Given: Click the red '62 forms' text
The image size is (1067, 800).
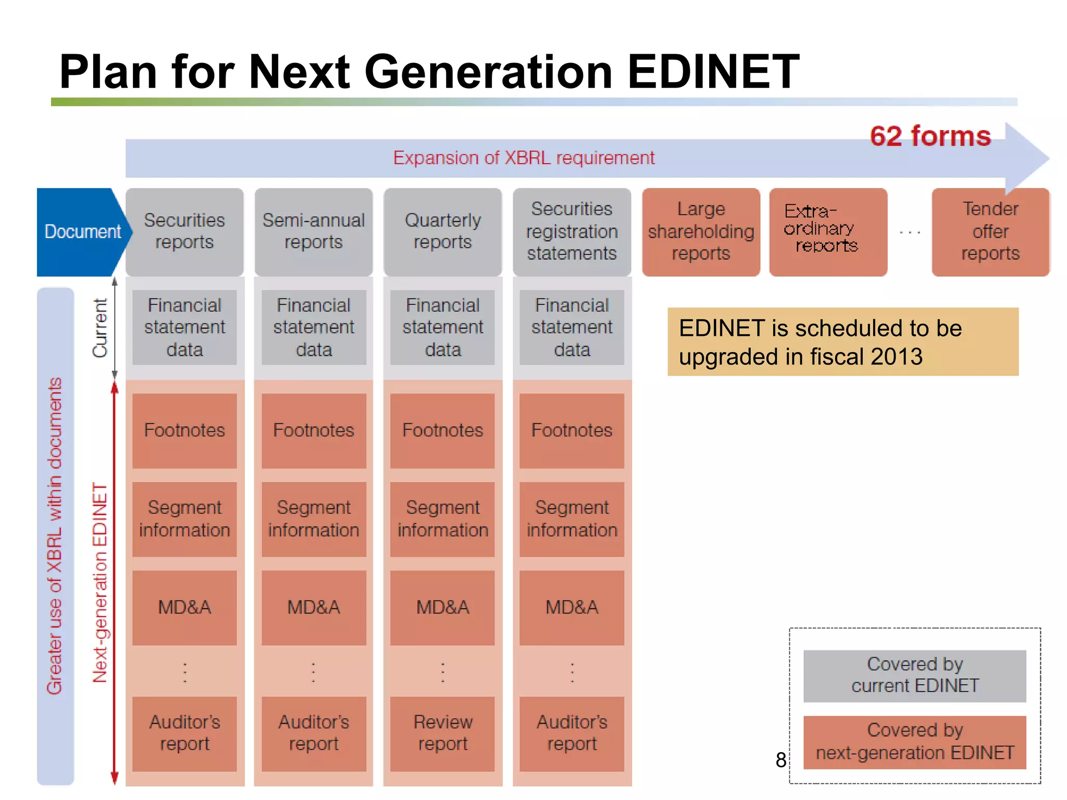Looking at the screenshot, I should pos(930,136).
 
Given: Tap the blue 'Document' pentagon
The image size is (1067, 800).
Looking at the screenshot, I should pos(82,232).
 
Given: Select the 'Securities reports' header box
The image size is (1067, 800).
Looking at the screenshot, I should pos(184,232).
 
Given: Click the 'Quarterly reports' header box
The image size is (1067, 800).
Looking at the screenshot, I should pos(442,232).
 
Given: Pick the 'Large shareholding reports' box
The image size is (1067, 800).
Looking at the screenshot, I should pos(701,232).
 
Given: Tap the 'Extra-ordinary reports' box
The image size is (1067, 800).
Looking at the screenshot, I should pos(827,232).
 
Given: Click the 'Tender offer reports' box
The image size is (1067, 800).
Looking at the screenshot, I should pos(990,232).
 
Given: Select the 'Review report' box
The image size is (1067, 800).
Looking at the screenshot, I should pos(442,733).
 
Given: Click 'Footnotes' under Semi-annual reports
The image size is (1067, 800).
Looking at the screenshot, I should pos(314,431).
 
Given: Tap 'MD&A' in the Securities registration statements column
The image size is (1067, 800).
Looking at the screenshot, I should pos(572,608).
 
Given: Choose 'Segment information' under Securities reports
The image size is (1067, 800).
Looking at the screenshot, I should pos(184,519).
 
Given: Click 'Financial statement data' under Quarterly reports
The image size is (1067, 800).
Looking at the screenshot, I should pos(442,327).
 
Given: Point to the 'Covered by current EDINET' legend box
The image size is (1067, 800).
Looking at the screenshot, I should pos(914,676).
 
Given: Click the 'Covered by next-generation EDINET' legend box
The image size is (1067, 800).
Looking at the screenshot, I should pos(914,742).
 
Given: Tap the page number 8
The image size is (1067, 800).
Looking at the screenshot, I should pos(780,760).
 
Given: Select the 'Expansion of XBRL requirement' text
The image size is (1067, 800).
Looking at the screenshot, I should pos(524,158).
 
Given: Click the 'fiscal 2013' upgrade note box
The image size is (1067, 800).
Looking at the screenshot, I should pos(842,342).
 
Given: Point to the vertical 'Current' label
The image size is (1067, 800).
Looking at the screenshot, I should pos(100,328).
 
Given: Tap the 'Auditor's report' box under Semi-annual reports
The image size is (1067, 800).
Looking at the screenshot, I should pos(314,733).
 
